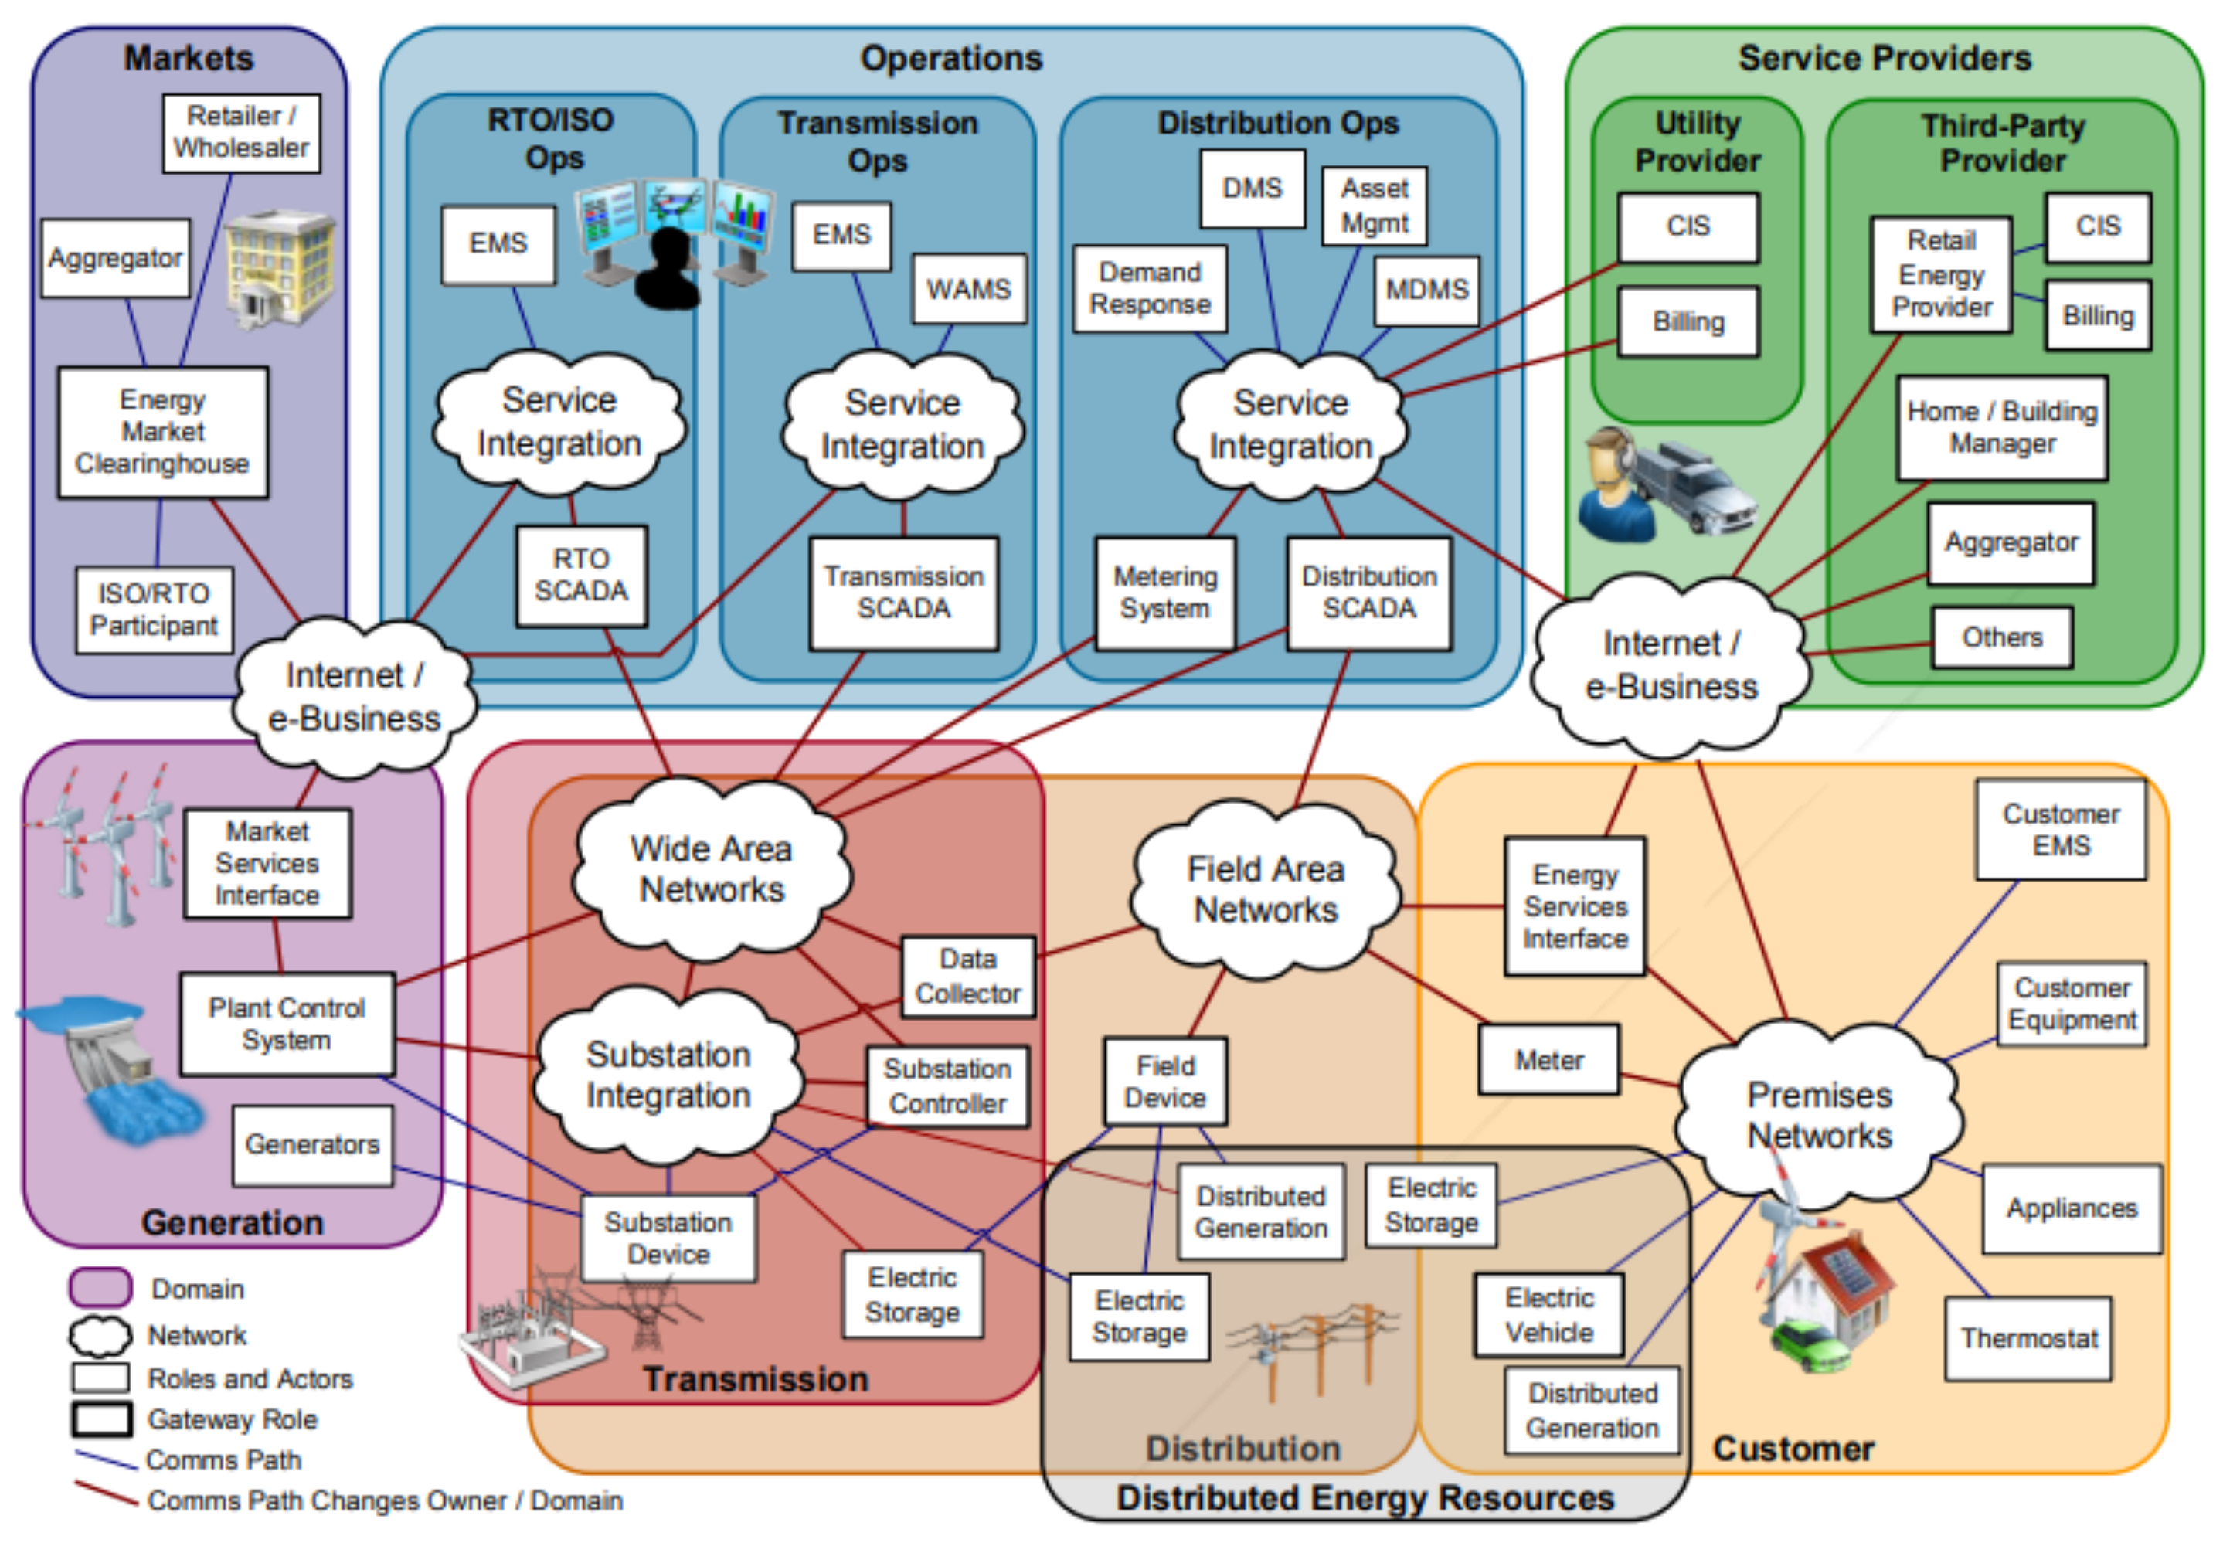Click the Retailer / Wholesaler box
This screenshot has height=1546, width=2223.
(x=241, y=133)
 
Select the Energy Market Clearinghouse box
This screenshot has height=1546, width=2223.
(x=163, y=432)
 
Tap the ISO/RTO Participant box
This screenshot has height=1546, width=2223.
(x=154, y=610)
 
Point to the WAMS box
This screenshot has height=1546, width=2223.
(x=968, y=288)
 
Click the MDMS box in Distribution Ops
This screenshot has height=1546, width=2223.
(x=1426, y=290)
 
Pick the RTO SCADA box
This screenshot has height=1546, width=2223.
(x=581, y=575)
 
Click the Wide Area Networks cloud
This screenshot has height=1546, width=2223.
(x=712, y=868)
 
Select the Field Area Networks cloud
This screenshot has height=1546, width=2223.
(x=1266, y=889)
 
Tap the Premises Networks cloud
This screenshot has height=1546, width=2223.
(x=1819, y=1114)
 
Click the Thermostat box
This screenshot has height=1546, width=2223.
(x=2028, y=1338)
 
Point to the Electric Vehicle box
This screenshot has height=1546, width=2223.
(x=1549, y=1315)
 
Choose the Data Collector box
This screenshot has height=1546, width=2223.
(x=967, y=976)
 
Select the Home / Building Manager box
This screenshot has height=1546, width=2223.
(x=2001, y=428)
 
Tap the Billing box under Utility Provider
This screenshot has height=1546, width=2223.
(x=1688, y=321)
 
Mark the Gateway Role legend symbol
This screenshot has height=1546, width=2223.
(x=100, y=1419)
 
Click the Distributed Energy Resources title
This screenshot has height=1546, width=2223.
(x=1365, y=1497)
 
